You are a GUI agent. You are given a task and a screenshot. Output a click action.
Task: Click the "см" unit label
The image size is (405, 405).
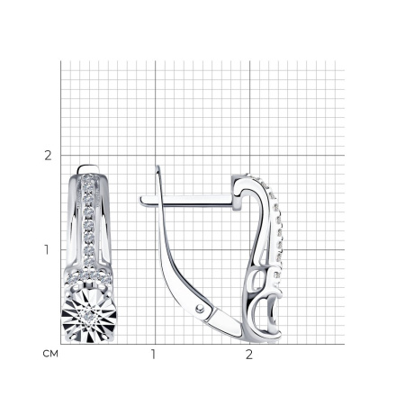[50, 354]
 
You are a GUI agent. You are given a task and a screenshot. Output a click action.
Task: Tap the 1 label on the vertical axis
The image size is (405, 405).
[47, 249]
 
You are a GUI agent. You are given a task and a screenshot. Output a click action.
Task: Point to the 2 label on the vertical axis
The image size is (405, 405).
[48, 156]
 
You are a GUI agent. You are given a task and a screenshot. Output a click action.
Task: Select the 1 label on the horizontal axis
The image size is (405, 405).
[153, 355]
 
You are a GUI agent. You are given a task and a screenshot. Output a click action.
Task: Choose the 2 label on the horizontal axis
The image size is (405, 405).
[249, 355]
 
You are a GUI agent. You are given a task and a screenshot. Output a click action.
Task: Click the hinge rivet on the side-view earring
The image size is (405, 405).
[199, 308]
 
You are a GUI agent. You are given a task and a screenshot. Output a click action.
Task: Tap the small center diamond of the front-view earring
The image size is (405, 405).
[87, 315]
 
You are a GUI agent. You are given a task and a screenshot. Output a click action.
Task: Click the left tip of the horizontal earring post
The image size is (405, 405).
[140, 200]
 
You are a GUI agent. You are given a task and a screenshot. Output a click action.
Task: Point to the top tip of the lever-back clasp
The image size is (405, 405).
[157, 166]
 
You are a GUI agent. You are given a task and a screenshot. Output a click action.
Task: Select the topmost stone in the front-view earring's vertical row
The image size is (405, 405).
[87, 179]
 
